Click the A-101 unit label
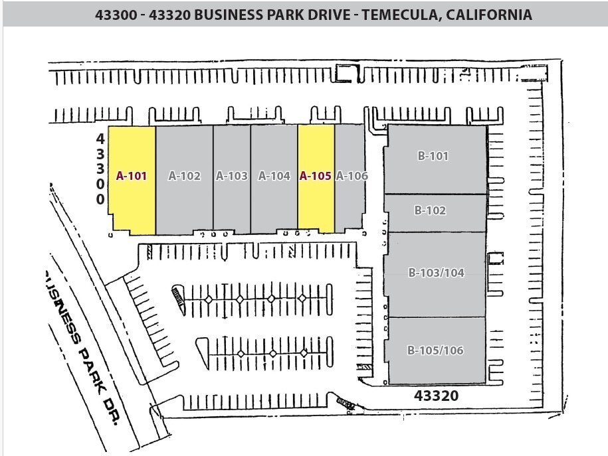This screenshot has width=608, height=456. [131, 176]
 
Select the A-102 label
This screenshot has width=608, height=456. [184, 176]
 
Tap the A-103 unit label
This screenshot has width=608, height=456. [232, 176]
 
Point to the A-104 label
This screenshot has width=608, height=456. [274, 176]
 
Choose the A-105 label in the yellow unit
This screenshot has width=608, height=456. [315, 176]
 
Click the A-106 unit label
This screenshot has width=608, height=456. [352, 176]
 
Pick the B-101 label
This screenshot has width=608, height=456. [433, 157]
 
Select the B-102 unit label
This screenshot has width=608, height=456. [430, 210]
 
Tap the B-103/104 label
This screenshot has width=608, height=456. [436, 272]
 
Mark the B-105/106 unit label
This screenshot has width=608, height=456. [435, 350]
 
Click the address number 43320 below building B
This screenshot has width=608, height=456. [436, 396]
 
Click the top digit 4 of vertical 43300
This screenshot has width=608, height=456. [100, 139]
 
